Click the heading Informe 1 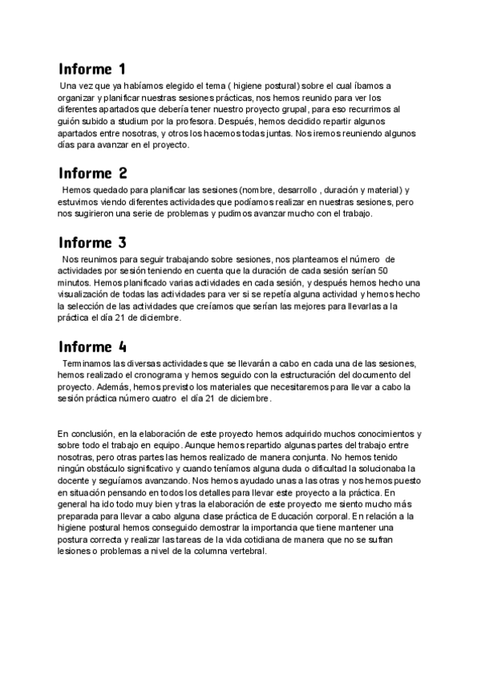pyautogui.click(x=92, y=69)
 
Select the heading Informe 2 pyautogui.click(x=93, y=172)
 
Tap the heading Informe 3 pyautogui.click(x=93, y=242)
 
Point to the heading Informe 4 pyautogui.click(x=93, y=346)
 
